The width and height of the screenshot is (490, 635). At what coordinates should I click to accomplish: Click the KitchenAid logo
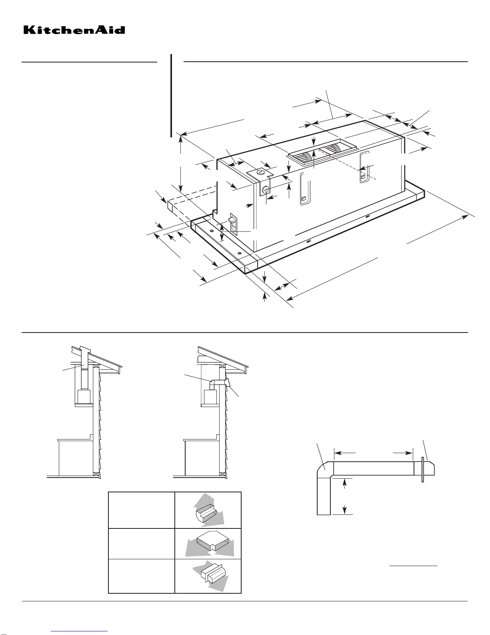click(x=74, y=30)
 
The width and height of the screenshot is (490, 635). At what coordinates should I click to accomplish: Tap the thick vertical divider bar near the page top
click(x=171, y=96)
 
